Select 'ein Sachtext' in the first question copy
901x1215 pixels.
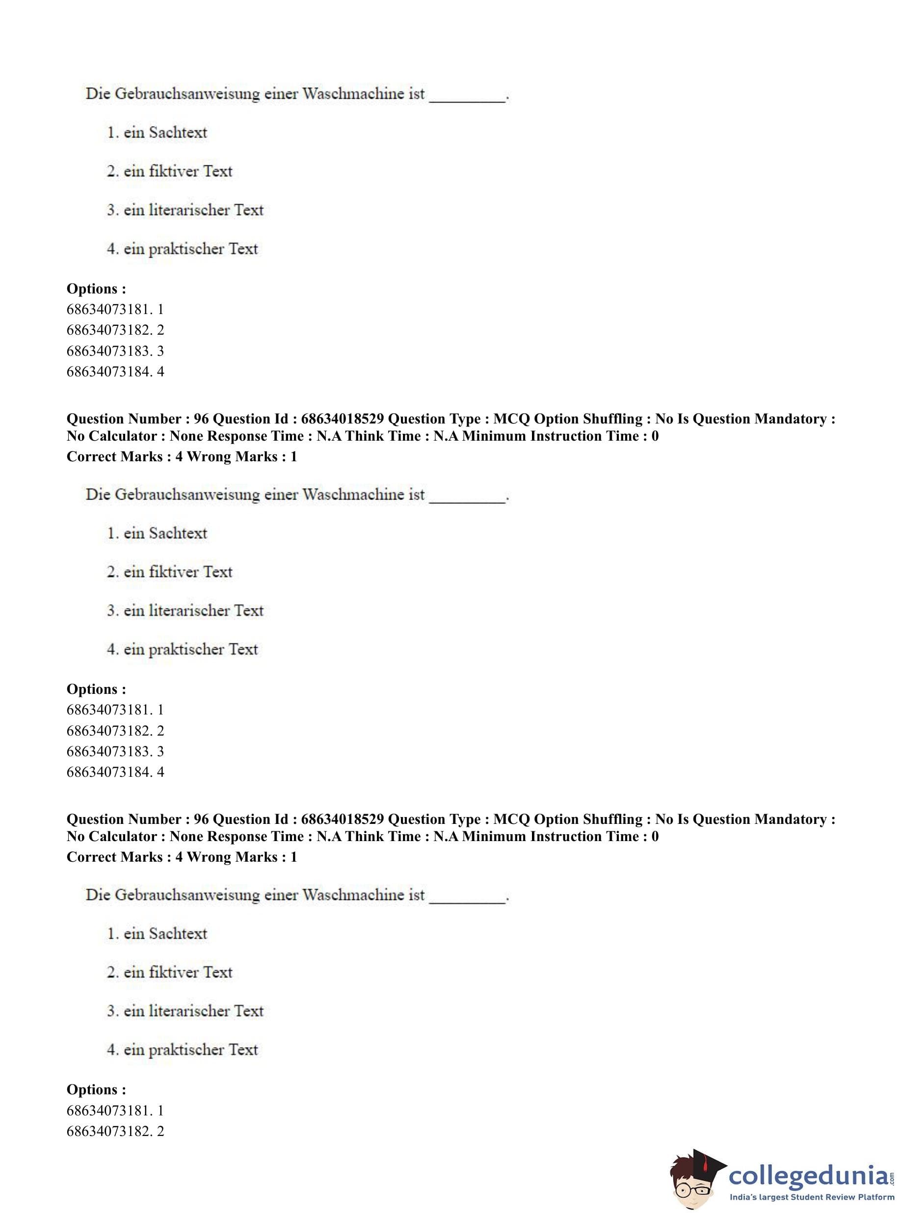(165, 132)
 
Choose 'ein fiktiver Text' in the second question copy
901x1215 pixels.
(177, 572)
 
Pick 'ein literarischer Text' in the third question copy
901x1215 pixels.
(193, 1010)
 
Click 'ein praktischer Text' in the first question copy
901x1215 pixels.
(190, 249)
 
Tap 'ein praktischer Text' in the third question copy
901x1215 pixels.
(190, 1049)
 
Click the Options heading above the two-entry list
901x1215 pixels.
(96, 1089)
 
